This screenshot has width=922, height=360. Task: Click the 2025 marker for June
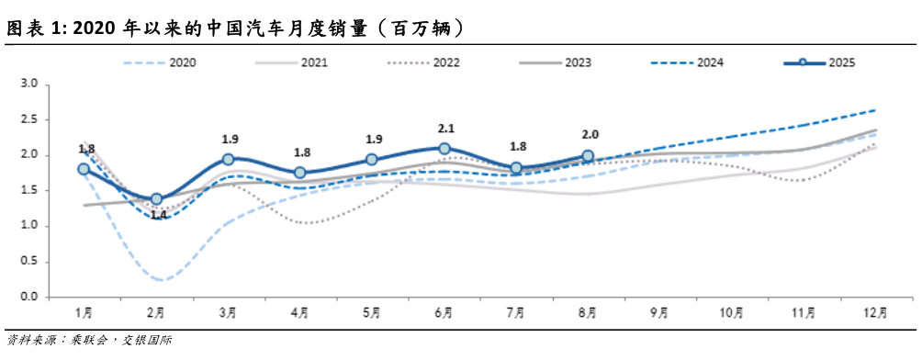point(444,148)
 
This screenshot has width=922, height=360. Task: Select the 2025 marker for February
point(156,198)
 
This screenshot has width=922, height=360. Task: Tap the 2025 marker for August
point(588,156)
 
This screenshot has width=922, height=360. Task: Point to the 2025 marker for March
point(229,159)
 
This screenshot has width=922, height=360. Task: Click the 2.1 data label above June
point(444,129)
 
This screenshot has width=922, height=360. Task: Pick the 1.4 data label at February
point(158,215)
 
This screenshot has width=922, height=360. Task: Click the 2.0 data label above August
point(588,137)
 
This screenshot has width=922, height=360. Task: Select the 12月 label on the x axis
point(876,312)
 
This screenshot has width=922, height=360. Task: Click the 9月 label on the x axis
point(660,312)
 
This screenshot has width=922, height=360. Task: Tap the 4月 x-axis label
point(300,312)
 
